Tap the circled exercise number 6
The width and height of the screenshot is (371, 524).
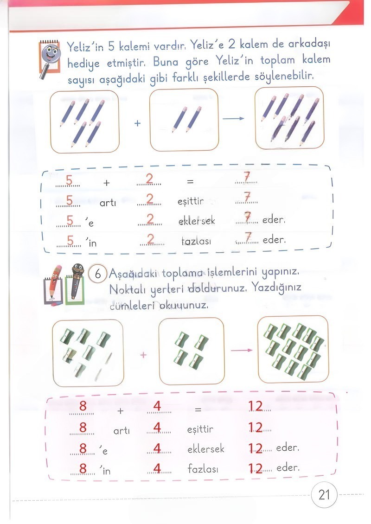[x=98, y=274]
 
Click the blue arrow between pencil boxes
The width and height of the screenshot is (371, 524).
[x=233, y=118]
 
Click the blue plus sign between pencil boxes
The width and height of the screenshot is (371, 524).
[x=137, y=124]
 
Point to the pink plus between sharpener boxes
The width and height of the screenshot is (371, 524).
[x=143, y=355]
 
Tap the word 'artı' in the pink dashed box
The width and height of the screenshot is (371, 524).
[x=122, y=431]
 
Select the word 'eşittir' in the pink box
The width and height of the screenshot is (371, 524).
[x=200, y=429]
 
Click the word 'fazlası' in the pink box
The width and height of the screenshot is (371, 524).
[x=203, y=469]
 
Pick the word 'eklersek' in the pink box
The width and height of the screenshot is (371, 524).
[x=206, y=449]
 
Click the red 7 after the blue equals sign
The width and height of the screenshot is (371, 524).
[x=247, y=178]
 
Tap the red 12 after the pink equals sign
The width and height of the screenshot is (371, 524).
[x=256, y=407]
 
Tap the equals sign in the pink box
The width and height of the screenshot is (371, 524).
[x=198, y=410]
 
